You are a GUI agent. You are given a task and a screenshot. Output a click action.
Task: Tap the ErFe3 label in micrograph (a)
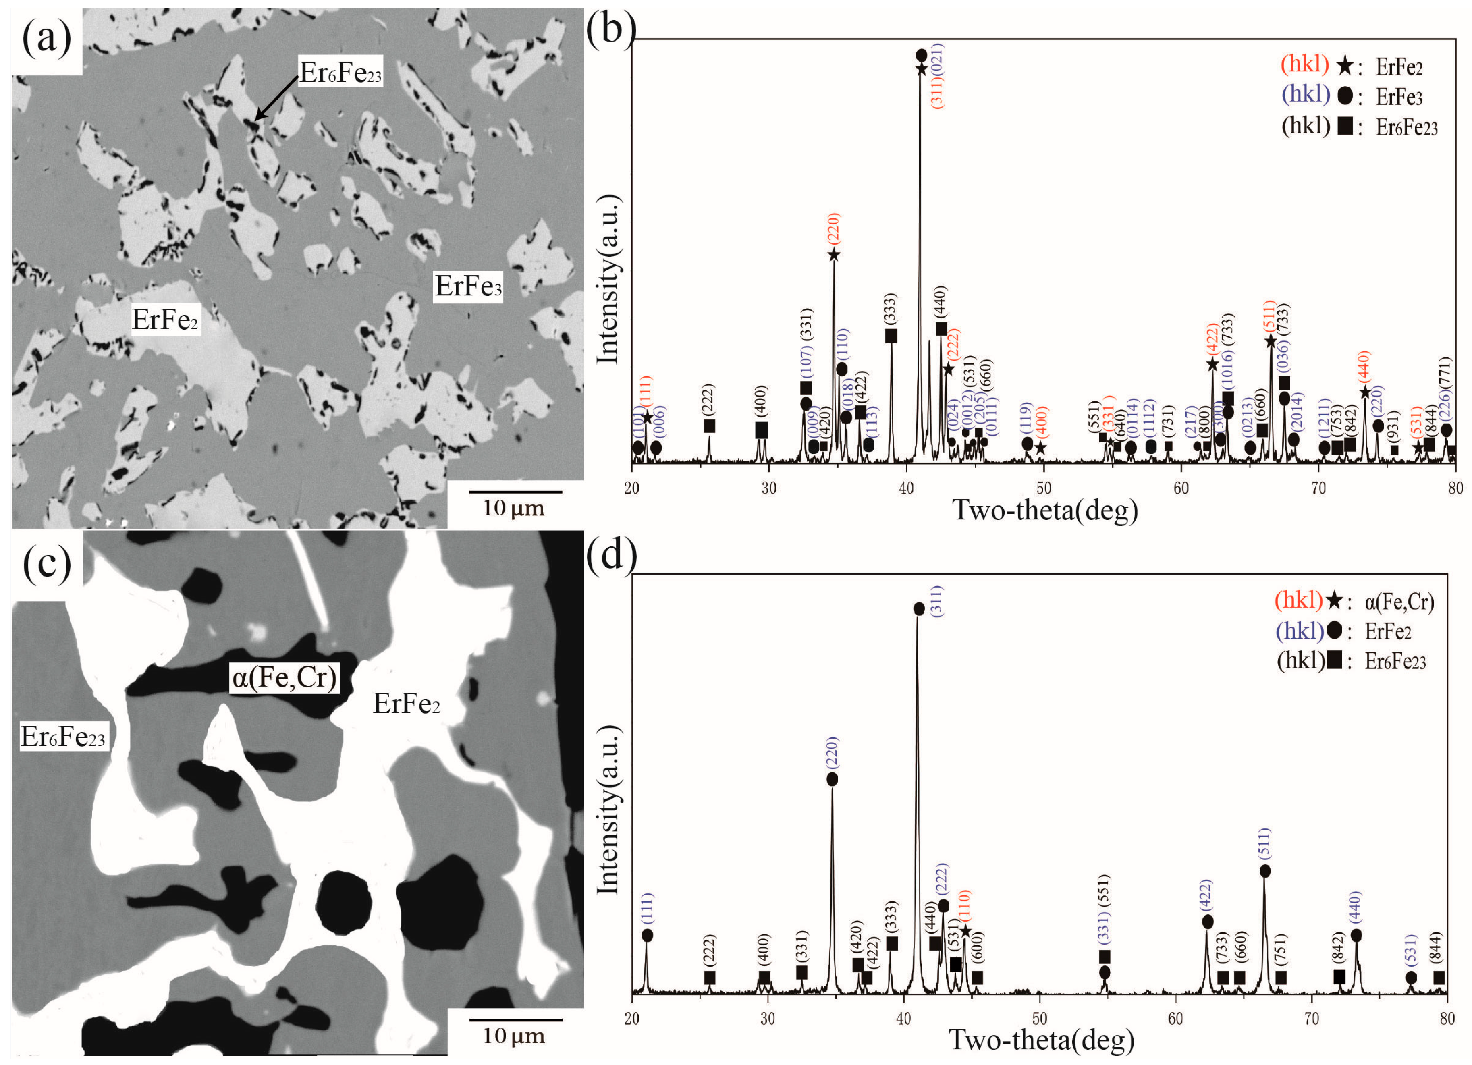[467, 286]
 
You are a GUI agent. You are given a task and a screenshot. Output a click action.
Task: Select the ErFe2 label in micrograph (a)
[165, 319]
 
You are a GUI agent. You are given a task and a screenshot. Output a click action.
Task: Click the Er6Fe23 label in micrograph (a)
[340, 72]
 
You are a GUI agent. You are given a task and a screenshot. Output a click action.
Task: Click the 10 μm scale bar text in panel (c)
[513, 1036]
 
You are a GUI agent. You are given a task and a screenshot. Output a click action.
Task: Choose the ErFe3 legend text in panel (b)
[1399, 98]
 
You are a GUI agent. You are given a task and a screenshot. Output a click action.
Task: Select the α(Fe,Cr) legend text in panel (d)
[1399, 602]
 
